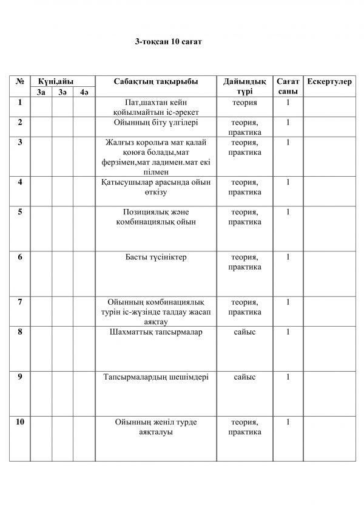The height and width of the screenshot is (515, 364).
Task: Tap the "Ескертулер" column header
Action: click(x=329, y=81)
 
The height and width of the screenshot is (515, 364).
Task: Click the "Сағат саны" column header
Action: click(x=287, y=86)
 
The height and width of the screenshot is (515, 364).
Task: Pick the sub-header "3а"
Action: click(x=41, y=92)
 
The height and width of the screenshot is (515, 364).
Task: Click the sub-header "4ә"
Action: click(x=84, y=92)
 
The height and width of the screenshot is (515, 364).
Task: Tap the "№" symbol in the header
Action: click(x=20, y=81)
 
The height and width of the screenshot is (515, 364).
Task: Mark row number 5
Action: click(x=20, y=212)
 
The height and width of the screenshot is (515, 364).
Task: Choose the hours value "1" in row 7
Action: click(x=287, y=302)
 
